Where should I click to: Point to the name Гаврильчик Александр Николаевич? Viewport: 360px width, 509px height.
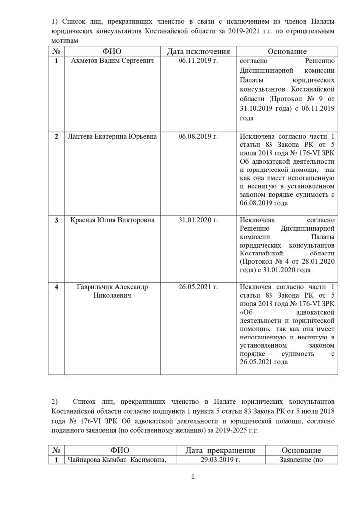click(112, 292)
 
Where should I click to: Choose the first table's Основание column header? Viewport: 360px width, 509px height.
click(287, 52)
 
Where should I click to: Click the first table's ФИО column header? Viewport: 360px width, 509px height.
click(112, 52)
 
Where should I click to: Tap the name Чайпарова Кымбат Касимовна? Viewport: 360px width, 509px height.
click(116, 460)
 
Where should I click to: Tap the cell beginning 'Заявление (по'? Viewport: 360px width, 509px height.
click(303, 460)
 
